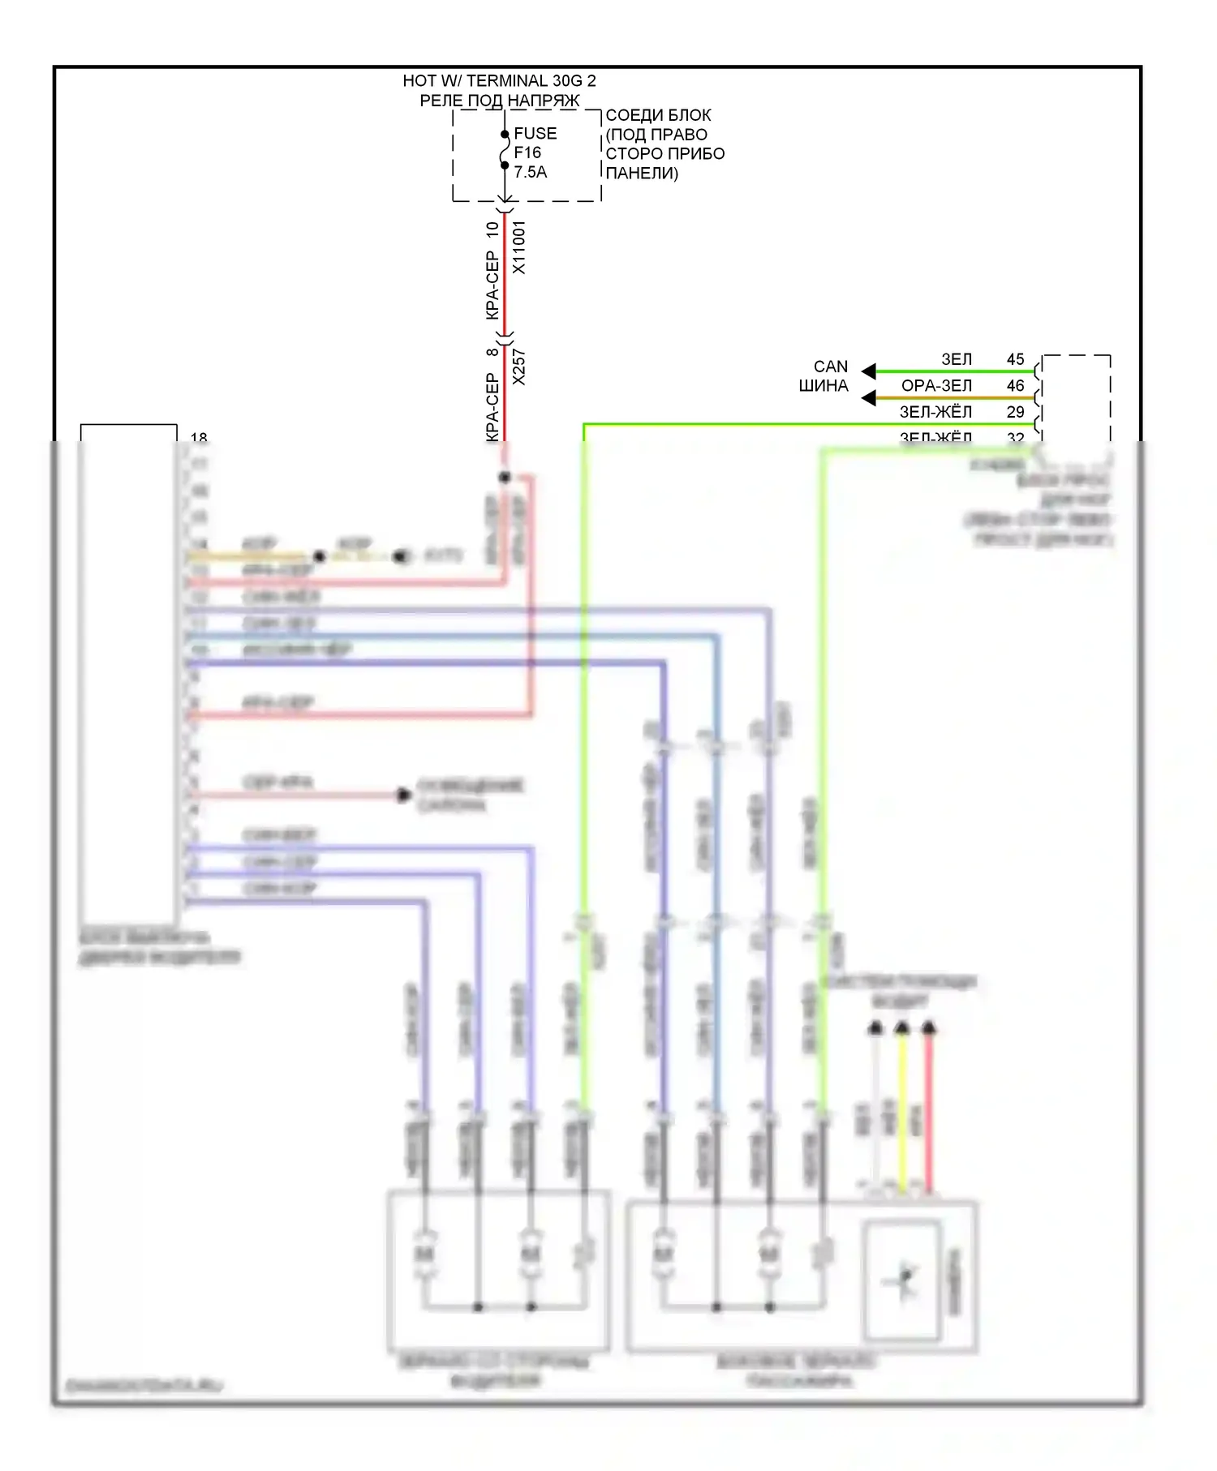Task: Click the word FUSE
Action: tap(535, 134)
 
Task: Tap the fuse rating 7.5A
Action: tap(530, 172)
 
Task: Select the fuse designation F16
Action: tap(527, 152)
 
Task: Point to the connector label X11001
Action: tap(519, 247)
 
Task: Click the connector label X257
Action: tap(519, 367)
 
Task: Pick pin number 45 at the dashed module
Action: tap(1015, 359)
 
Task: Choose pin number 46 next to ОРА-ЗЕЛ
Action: tap(1015, 386)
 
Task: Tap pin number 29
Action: tap(1015, 412)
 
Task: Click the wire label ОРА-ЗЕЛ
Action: tap(936, 386)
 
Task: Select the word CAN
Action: tap(831, 367)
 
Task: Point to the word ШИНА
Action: tap(824, 386)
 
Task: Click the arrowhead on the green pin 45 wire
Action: tap(869, 371)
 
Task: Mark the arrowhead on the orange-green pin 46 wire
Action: tap(869, 398)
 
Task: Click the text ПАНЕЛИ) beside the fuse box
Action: tap(642, 173)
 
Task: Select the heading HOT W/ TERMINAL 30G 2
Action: tap(499, 81)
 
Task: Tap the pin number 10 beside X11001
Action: tap(492, 229)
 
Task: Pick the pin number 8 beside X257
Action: tap(492, 352)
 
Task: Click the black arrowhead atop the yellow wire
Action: tap(902, 1028)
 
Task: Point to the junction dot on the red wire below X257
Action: tap(505, 477)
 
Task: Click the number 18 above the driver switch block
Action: tap(199, 437)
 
